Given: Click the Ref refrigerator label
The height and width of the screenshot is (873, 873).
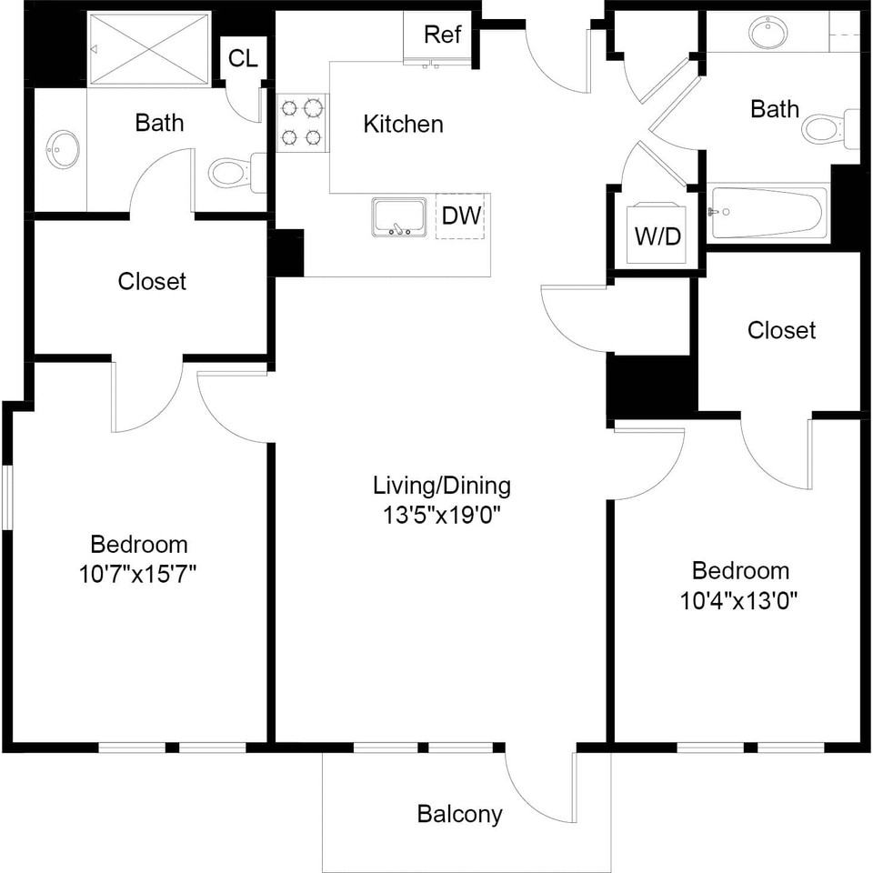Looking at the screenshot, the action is pos(442,35).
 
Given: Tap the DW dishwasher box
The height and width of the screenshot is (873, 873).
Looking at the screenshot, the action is pos(460,216).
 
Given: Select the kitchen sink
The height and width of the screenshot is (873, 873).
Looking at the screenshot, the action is pos(399,216).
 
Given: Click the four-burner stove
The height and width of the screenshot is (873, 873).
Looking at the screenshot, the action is pos(301,122).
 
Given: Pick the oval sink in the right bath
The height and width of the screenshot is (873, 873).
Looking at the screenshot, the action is pos(771,32).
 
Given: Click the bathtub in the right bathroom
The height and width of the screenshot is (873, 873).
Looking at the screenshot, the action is pos(768,213).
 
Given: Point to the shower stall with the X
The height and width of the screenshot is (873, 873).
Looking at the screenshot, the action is pos(149,49).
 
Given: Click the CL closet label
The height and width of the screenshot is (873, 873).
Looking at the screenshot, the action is pos(244,58).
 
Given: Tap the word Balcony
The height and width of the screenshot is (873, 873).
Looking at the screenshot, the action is pos(460,814).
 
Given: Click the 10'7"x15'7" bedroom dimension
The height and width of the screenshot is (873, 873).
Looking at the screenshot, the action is pos(138,574).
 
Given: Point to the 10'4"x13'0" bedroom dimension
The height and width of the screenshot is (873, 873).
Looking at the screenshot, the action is pos(740,601).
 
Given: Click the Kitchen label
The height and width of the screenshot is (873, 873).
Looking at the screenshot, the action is pos(403,124).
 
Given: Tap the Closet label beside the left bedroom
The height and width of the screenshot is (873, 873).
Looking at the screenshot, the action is pos(152,281).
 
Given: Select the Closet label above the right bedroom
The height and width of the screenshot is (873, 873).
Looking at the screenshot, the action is pos(781,330).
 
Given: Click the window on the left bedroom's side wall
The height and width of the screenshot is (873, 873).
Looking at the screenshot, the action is pos(6,497).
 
